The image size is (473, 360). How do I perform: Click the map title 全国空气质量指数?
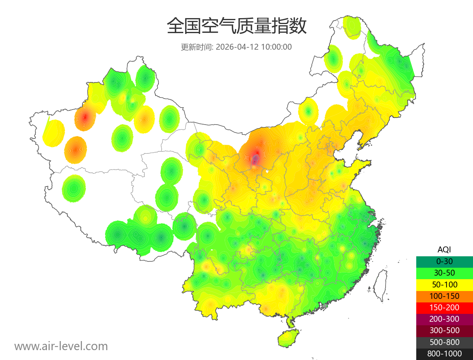pos(236,26)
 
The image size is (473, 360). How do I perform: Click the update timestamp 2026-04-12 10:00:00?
pos(254,47)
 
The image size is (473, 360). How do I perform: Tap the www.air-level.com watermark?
pos(61,346)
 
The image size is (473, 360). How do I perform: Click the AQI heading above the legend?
pos(444,250)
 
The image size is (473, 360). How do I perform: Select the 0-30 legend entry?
pos(444,261)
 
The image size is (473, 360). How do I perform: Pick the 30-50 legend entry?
pos(444,272)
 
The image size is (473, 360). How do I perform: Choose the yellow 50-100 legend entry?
pos(444,284)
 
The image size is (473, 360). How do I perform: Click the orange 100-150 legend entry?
pos(444,296)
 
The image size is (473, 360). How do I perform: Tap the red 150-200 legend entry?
pos(444,307)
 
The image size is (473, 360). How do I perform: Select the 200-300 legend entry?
pos(444,319)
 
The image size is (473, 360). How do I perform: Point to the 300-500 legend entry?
pos(444,330)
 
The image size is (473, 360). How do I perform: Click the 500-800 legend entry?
pos(444,342)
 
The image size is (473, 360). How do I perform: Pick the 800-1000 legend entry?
pos(444,354)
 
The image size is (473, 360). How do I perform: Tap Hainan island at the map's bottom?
pos(289,338)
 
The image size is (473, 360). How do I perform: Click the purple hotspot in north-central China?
pos(255,160)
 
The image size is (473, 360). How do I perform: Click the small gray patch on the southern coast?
pos(324,306)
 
